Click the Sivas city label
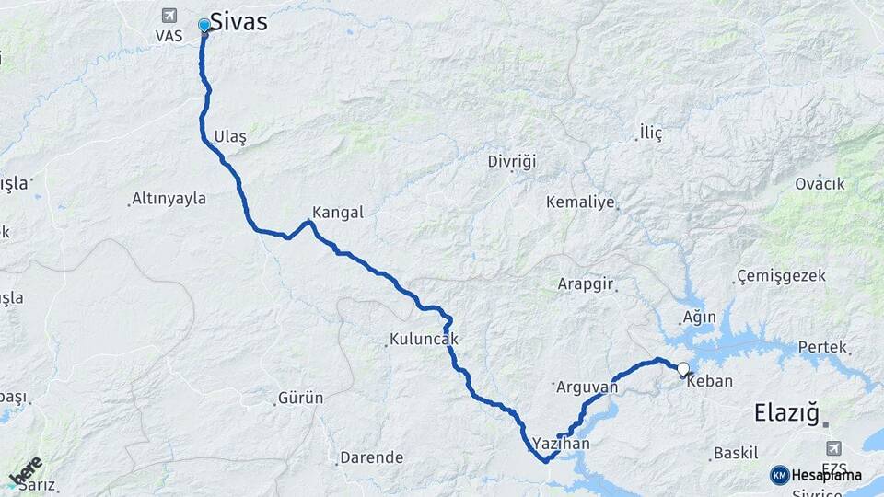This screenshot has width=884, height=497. pyautogui.click(x=238, y=21)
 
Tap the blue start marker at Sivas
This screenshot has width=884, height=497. pyautogui.click(x=204, y=25)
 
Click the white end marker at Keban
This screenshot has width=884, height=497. pyautogui.click(x=682, y=370)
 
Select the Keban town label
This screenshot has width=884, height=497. pyautogui.click(x=710, y=381)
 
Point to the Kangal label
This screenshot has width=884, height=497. pyautogui.click(x=338, y=212)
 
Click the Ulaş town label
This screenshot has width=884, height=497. pyautogui.click(x=230, y=136)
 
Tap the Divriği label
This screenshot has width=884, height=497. pyautogui.click(x=511, y=161)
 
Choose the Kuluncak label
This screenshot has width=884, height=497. pyautogui.click(x=424, y=340)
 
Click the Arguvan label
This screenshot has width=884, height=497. pyautogui.click(x=587, y=387)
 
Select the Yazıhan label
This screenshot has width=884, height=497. pyautogui.click(x=561, y=444)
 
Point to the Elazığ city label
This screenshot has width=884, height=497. pyautogui.click(x=786, y=412)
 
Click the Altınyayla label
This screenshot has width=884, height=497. pyautogui.click(x=169, y=198)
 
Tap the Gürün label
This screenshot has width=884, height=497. pyautogui.click(x=300, y=399)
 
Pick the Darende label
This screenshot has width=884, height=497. pyautogui.click(x=372, y=457)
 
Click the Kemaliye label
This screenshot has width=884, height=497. pyautogui.click(x=580, y=202)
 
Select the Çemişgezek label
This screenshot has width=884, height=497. pyautogui.click(x=782, y=276)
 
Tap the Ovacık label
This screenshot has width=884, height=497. pyautogui.click(x=820, y=183)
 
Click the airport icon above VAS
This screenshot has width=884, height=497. pyautogui.click(x=169, y=15)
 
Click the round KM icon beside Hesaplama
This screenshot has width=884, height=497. pyautogui.click(x=780, y=475)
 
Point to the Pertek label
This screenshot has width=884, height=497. pyautogui.click(x=822, y=347)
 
